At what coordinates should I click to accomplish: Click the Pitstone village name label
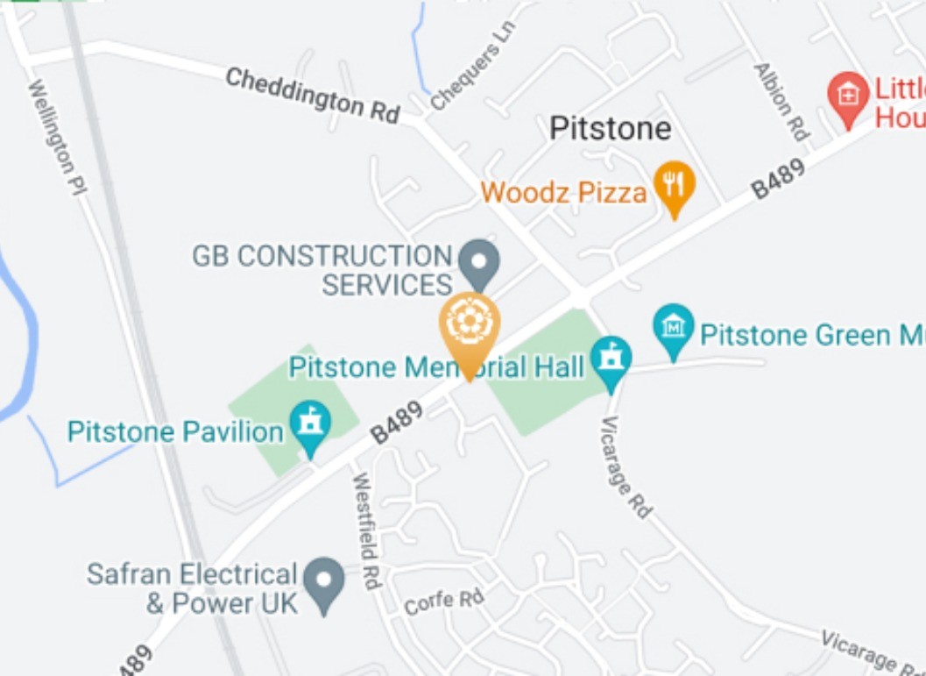[610, 129]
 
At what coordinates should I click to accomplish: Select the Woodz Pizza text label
[563, 192]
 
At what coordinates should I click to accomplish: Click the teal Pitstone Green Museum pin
[673, 329]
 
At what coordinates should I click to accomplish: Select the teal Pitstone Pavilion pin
[310, 425]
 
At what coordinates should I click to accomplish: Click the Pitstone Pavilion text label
[175, 431]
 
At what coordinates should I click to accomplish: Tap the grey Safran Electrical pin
[324, 581]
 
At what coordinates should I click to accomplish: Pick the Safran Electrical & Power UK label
[192, 588]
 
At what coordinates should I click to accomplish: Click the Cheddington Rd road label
[313, 95]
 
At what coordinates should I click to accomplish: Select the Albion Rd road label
[781, 102]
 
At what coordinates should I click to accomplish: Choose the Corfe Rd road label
[444, 601]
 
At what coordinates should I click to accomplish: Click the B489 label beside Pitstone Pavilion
[397, 423]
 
